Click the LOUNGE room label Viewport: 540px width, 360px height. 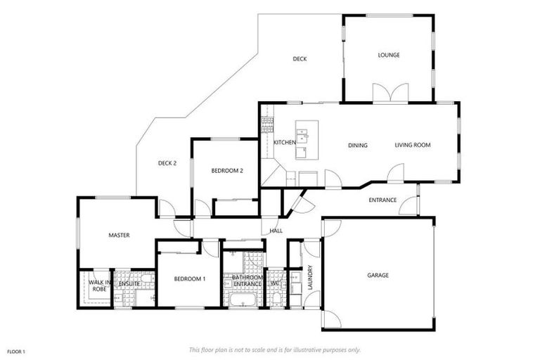(389, 55)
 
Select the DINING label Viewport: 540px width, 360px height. (358, 146)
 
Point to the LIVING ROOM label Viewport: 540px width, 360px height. (412, 146)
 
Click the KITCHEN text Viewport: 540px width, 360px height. (285, 143)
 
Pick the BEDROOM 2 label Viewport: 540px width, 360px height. (227, 170)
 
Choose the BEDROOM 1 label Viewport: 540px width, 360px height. (190, 279)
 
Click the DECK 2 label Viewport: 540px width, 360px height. (167, 163)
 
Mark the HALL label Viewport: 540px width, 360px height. (276, 231)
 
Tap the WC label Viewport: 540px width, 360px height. (285, 283)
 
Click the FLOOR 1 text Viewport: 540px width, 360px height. (16, 350)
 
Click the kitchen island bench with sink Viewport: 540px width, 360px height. (307, 139)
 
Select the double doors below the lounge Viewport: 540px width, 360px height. (390, 94)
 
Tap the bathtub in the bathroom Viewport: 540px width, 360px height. (243, 301)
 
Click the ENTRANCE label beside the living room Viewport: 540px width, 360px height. (382, 200)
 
